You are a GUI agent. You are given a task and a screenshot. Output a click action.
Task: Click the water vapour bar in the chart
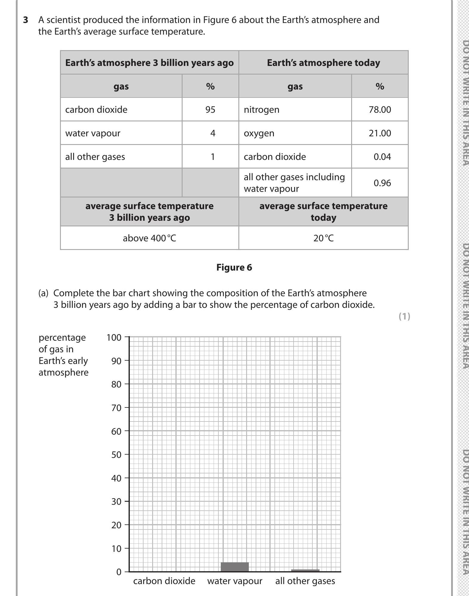(x=234, y=567)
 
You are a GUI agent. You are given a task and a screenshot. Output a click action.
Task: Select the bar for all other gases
(x=305, y=570)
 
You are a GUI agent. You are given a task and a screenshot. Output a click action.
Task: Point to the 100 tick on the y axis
(x=114, y=337)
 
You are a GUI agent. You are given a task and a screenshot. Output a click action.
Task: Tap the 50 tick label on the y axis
(x=116, y=455)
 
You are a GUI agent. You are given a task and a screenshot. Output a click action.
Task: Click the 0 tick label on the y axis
(x=118, y=572)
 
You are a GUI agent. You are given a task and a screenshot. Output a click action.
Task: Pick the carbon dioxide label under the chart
(x=164, y=581)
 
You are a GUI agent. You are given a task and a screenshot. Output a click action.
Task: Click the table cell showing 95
(x=210, y=109)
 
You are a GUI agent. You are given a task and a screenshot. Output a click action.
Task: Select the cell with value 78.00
(x=379, y=109)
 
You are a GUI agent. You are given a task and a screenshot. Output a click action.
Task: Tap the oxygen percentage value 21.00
(x=379, y=133)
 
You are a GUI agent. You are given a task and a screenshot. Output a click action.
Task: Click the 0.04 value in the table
(x=382, y=157)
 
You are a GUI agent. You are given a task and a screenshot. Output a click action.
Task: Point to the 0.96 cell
(x=382, y=183)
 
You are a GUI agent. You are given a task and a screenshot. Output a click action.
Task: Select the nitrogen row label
(x=261, y=109)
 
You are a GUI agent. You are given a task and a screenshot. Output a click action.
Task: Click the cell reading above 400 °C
(x=149, y=238)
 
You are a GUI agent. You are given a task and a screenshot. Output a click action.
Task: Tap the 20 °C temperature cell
(x=323, y=238)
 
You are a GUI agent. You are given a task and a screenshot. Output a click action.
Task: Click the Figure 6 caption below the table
(x=234, y=267)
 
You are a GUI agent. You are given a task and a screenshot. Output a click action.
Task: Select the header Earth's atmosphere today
(x=323, y=63)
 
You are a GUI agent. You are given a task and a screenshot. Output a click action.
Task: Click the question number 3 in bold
(x=26, y=20)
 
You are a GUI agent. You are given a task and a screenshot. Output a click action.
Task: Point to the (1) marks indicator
(x=404, y=316)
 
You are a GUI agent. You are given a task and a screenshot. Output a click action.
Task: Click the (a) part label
(x=43, y=293)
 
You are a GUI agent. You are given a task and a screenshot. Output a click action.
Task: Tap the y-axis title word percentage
(x=62, y=337)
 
